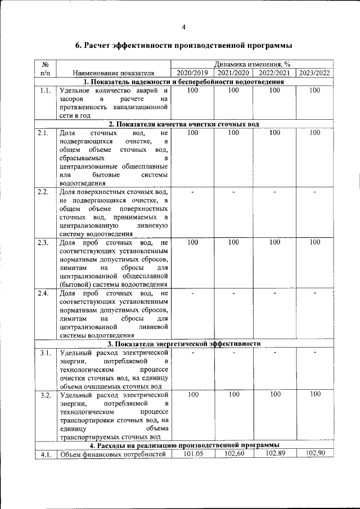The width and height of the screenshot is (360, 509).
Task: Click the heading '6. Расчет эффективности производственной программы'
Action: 184,45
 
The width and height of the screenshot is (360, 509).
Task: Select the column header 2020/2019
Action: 192,73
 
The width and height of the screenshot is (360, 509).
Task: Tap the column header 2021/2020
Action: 233,73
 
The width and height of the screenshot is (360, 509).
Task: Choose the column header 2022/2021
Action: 274,73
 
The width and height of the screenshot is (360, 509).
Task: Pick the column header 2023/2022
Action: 314,73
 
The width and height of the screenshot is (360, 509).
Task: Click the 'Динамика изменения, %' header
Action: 252,65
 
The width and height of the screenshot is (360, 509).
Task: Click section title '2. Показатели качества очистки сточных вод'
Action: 184,124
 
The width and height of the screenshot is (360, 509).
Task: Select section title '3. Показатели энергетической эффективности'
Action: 184,343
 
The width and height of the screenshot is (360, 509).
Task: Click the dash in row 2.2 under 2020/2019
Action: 193,192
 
